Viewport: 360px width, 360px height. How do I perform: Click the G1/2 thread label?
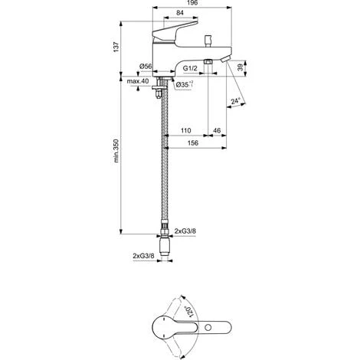pyautogui.click(x=191, y=67)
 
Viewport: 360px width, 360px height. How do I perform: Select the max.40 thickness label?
pyautogui.click(x=139, y=82)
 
